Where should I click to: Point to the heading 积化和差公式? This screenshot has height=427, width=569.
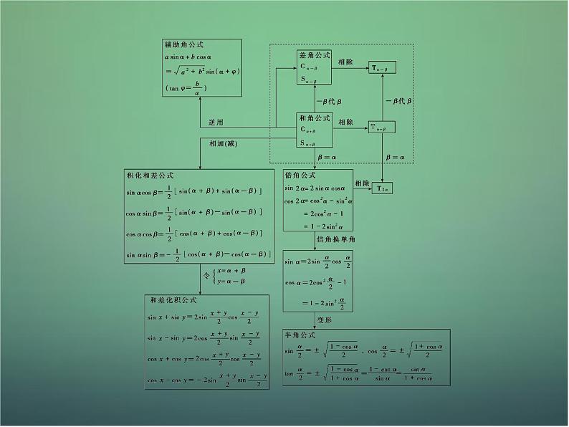point(150,176)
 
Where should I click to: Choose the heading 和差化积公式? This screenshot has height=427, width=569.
point(169,301)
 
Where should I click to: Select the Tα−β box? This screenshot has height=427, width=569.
point(381,67)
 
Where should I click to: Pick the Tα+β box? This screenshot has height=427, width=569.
point(381,128)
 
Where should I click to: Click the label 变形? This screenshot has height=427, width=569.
point(326,320)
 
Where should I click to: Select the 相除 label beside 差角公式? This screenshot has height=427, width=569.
point(345,62)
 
